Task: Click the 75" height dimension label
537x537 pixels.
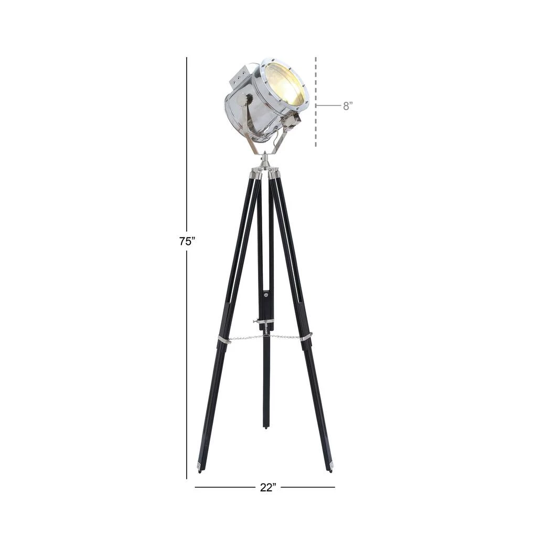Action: pyautogui.click(x=187, y=241)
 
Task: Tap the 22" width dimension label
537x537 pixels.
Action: pyautogui.click(x=268, y=487)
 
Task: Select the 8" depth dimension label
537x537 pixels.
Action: pyautogui.click(x=348, y=106)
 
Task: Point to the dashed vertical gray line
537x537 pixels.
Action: pyautogui.click(x=316, y=102)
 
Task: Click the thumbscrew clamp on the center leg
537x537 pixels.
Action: pyautogui.click(x=263, y=321)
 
